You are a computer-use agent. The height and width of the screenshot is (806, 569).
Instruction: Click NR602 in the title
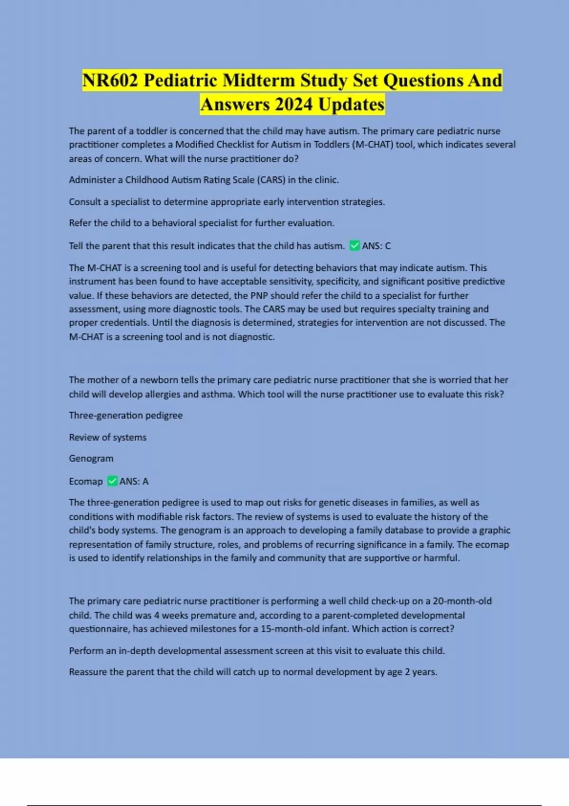(110, 80)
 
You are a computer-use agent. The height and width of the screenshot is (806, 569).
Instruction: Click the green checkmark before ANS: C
(354, 246)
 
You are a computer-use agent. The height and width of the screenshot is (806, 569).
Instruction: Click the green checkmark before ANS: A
(112, 481)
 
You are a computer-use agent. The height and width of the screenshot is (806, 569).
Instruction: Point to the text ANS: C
(376, 246)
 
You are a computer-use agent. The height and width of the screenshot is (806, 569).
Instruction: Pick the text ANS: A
(134, 482)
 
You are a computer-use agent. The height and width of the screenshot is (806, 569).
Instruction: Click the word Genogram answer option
(91, 458)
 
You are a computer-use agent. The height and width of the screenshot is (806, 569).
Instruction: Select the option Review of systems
(108, 437)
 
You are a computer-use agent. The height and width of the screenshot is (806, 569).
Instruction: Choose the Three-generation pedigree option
(126, 415)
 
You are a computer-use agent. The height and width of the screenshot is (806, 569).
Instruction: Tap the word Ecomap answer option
(86, 482)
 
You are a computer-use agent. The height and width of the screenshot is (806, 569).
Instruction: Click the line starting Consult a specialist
(227, 202)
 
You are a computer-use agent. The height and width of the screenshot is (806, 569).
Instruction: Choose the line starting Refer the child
(202, 223)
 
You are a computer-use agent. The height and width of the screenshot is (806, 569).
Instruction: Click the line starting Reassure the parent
(253, 672)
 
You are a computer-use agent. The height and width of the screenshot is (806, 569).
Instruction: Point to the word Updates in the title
(351, 104)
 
